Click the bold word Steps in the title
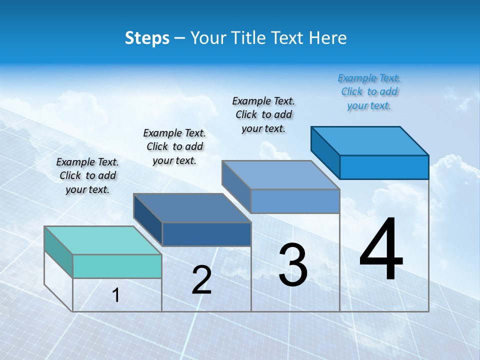click(147, 38)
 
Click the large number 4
click(381, 250)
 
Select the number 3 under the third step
click(292, 265)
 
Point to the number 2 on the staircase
click(201, 280)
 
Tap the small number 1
click(116, 295)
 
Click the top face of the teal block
click(102, 240)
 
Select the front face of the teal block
click(117, 266)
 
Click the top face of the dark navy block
click(192, 208)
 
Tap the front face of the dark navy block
click(206, 234)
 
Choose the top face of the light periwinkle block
click(280, 175)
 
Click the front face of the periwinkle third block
click(295, 201)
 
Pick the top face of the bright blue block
click(369, 141)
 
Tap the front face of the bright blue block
click(384, 167)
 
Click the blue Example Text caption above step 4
click(369, 91)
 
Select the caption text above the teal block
click(87, 175)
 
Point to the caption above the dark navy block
click(174, 146)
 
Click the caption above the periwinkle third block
click(263, 114)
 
